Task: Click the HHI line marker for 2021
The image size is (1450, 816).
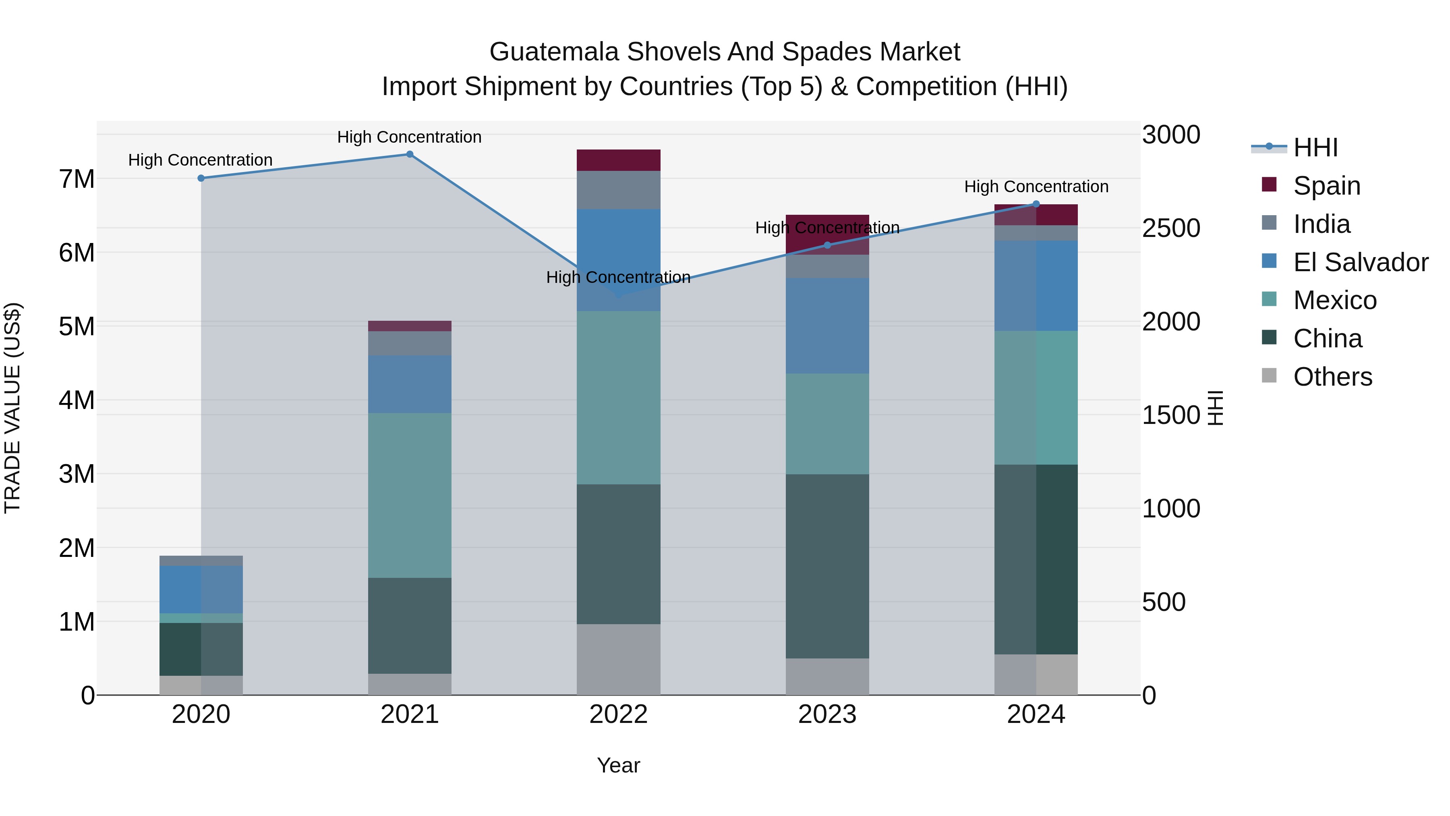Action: pos(410,154)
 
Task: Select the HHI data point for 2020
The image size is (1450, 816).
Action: pos(201,178)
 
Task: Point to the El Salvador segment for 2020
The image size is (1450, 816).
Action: pos(201,589)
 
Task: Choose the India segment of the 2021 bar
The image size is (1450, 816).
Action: pos(410,343)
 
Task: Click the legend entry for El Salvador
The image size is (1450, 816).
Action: pos(1361,262)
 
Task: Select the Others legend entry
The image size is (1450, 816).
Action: pos(1332,377)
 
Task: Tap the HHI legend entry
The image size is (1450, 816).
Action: pos(1315,147)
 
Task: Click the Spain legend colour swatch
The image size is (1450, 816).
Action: pos(1269,185)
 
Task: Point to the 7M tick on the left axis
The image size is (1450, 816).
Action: pos(77,179)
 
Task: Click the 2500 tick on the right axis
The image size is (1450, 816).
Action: pos(1171,228)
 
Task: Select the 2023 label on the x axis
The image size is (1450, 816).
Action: pos(827,714)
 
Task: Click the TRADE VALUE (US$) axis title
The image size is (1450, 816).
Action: pos(12,408)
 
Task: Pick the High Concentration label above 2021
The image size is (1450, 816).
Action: pos(409,137)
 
